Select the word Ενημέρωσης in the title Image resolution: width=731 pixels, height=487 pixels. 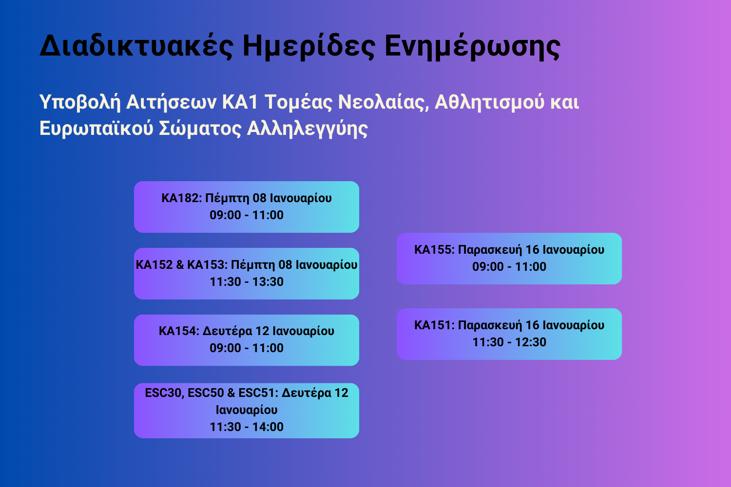(x=472, y=46)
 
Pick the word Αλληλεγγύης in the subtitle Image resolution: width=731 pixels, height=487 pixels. (x=308, y=129)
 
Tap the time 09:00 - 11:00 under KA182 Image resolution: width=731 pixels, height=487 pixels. (x=247, y=215)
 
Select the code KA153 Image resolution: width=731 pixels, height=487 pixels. (x=207, y=265)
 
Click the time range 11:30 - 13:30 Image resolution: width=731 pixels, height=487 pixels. (x=247, y=282)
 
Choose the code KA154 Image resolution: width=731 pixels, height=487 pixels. (x=178, y=331)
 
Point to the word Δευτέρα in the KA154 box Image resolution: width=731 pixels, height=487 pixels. (x=227, y=331)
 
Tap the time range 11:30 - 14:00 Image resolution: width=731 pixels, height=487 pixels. (x=247, y=427)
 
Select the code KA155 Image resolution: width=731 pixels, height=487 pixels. (x=434, y=250)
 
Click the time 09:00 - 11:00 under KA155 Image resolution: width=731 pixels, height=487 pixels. (x=509, y=267)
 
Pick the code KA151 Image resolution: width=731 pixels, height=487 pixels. (x=434, y=325)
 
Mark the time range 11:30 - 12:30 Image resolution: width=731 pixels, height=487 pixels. (x=509, y=342)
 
